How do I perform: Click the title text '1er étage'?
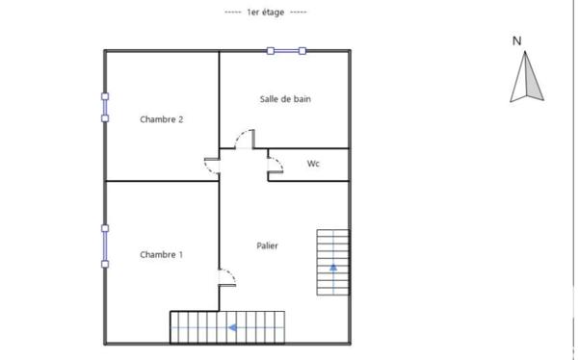pos(265,12)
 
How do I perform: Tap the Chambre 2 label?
pos(162,119)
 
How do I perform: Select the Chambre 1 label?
pos(162,255)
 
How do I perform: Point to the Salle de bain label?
pos(285,99)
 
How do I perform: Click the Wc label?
pos(313,164)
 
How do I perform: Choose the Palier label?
pos(268,246)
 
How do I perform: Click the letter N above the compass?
pos(517,40)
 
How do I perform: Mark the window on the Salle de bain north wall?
pos(287,51)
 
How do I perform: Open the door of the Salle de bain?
pos(245,139)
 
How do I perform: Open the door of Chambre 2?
pos(212,165)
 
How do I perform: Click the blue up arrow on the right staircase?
pos(333,266)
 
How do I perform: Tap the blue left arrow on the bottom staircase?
pos(232,327)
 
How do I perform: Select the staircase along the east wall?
pos(333,263)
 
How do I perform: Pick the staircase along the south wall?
pos(229,327)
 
